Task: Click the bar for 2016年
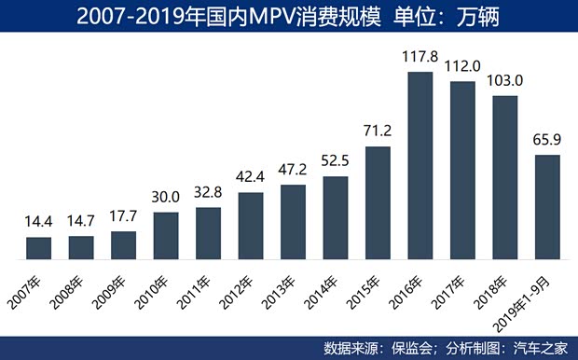tap(420, 164)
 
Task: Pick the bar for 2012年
tap(251, 225)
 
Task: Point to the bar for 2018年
tap(505, 176)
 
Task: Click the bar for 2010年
tap(166, 235)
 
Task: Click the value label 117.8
tap(420, 56)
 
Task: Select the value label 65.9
tap(547, 141)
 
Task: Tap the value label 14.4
tap(38, 223)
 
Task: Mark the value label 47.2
tap(293, 171)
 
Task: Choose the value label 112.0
tap(462, 67)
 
